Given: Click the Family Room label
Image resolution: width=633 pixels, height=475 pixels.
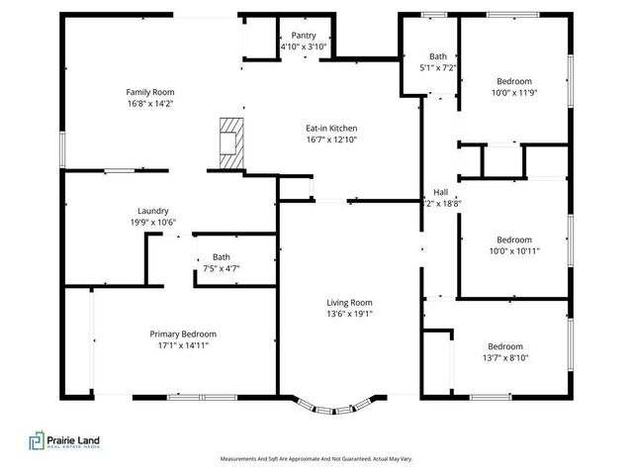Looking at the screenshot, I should (x=150, y=91).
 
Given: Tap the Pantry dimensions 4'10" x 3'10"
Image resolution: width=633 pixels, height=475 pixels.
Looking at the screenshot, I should (x=304, y=47).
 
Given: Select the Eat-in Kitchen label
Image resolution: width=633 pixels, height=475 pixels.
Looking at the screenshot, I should (x=330, y=129).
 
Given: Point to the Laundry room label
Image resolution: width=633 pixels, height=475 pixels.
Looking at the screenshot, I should (x=152, y=211).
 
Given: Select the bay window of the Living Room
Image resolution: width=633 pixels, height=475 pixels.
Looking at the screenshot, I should (x=335, y=404).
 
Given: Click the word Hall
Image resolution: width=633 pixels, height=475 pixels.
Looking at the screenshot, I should (x=441, y=192).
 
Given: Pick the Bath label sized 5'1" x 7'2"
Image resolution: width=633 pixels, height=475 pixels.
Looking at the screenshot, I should (x=437, y=57).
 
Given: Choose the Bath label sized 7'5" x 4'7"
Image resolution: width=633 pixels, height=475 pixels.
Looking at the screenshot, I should (x=221, y=257).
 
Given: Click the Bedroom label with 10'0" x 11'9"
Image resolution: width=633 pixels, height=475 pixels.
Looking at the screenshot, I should (x=513, y=81).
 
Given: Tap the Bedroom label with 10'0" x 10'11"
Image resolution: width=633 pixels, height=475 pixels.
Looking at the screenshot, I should (x=513, y=239).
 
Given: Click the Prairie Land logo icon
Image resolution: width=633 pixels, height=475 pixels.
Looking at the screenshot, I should (x=37, y=441).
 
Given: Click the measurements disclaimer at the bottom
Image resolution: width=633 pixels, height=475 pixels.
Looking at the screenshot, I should (x=316, y=459).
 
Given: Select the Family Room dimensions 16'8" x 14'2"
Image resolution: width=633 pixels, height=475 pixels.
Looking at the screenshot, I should (x=150, y=102).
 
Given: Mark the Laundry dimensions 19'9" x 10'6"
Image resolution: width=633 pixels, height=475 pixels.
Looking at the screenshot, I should (x=152, y=222).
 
